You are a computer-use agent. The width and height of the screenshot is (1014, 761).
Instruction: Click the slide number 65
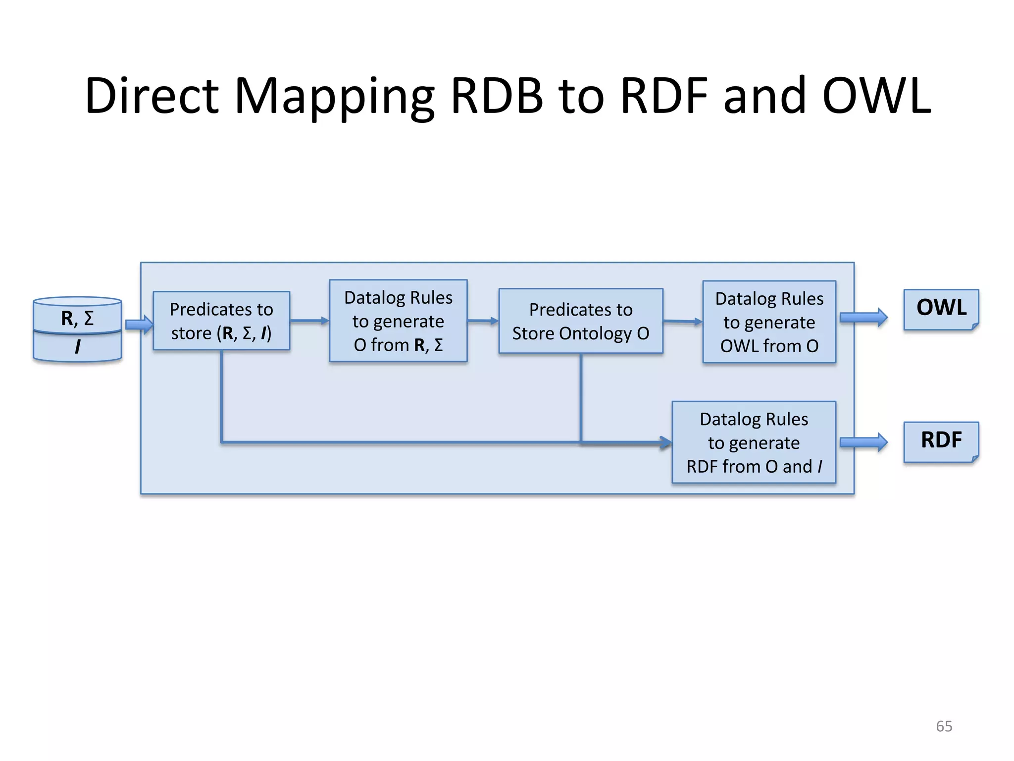click(x=944, y=726)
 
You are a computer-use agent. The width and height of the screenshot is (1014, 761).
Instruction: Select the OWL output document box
click(x=941, y=309)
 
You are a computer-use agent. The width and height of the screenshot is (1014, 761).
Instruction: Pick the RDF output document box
click(x=941, y=441)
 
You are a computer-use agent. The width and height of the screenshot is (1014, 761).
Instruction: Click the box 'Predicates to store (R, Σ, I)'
click(x=221, y=321)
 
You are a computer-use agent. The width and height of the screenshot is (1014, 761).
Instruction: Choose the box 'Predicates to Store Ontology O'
click(x=580, y=321)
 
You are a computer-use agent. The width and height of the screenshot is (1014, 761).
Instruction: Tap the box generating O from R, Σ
click(x=398, y=321)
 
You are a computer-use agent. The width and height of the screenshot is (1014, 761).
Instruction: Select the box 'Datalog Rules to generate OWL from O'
click(x=769, y=322)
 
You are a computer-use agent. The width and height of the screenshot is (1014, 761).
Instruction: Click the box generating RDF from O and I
click(x=754, y=442)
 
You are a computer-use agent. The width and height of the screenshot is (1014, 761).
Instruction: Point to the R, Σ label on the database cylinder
click(x=77, y=318)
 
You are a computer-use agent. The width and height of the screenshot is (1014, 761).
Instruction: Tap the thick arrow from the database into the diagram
click(x=139, y=325)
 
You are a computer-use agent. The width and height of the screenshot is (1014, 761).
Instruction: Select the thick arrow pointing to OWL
click(x=863, y=317)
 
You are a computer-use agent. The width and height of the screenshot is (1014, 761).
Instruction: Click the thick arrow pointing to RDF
click(x=863, y=442)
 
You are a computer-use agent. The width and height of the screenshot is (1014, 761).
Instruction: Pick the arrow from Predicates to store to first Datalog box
click(x=309, y=321)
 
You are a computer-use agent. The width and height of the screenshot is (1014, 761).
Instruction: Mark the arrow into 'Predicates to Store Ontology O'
click(x=483, y=321)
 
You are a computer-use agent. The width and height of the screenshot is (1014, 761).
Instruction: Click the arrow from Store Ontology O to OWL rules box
click(x=682, y=321)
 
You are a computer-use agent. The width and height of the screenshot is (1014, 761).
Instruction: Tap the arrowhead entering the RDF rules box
click(x=664, y=442)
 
